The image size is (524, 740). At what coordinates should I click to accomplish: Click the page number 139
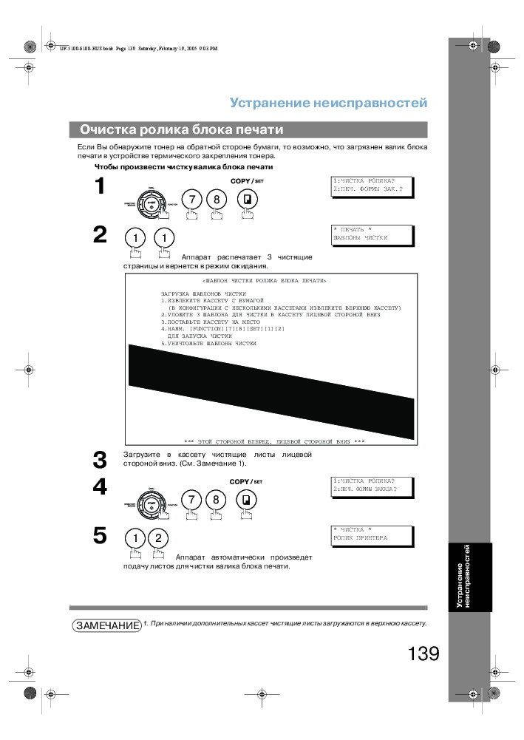point(423,654)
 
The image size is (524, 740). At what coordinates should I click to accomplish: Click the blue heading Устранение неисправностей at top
point(328,103)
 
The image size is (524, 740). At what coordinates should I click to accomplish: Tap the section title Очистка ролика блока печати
point(182,129)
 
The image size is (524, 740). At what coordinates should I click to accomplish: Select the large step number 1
point(100,188)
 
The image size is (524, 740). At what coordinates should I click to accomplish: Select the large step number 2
point(100,235)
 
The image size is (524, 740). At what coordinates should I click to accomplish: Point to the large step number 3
point(100,459)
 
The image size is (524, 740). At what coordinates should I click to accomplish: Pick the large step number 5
point(100,535)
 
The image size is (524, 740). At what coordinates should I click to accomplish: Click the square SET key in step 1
point(246,200)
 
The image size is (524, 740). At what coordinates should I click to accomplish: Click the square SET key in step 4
point(246,500)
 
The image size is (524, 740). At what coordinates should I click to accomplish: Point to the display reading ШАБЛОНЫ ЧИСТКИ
point(372,234)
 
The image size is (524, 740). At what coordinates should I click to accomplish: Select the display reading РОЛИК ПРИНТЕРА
point(372,534)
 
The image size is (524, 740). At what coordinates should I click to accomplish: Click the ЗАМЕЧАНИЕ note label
point(107,625)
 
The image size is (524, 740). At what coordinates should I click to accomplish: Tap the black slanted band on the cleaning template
point(270,391)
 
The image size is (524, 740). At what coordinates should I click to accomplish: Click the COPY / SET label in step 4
point(246,481)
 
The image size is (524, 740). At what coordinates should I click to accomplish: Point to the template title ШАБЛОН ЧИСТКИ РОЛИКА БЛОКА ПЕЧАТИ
point(264,281)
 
